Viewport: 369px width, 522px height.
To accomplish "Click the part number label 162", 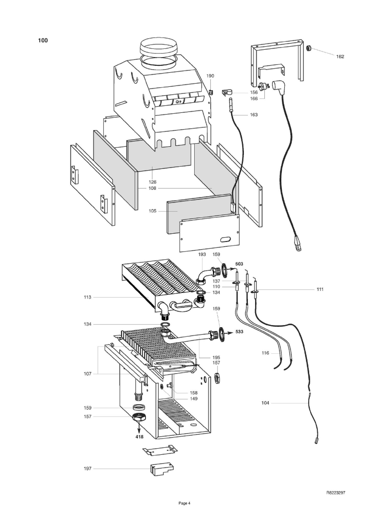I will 340,57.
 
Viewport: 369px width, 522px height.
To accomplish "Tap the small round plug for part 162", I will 309,48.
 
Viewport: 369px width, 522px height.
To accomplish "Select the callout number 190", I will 210,76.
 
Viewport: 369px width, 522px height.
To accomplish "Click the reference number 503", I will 239,264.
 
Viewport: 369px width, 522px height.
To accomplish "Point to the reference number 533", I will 239,332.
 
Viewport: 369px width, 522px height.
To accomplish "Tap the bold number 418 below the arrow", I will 139,437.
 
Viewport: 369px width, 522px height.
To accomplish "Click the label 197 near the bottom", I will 87,468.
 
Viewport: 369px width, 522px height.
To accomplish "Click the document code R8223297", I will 336,493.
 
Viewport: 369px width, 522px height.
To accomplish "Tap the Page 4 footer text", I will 184,503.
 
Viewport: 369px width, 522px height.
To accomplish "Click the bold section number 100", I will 43,40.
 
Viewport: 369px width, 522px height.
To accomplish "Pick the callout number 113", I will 87,297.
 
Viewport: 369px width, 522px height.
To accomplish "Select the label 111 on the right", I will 320,289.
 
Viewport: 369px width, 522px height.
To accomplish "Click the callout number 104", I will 265,403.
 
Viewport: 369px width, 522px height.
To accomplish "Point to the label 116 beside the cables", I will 265,353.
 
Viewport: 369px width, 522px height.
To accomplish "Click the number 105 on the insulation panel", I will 153,211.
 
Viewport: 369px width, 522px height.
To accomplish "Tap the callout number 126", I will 153,182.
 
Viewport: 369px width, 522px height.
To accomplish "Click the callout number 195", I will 216,357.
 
